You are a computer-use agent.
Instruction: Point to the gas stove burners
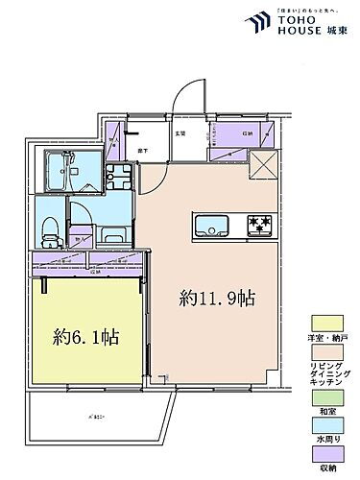(x=260, y=227)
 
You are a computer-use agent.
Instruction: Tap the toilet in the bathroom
(x=51, y=228)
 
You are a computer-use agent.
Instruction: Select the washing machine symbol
(x=120, y=178)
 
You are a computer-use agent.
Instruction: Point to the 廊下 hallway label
(x=141, y=152)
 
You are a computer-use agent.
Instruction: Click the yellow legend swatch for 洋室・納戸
(x=323, y=324)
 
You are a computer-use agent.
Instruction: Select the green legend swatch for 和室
(x=323, y=392)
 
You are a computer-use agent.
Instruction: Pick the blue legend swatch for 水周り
(x=323, y=423)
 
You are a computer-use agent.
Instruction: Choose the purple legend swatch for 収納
(x=323, y=455)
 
